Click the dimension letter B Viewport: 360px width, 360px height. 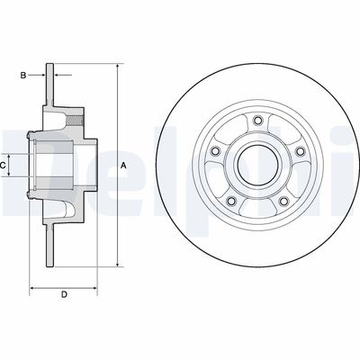point(23,76)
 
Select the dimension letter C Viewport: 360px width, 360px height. point(5,166)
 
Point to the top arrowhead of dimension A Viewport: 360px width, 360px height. point(118,67)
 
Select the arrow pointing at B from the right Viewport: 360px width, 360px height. point(59,76)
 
